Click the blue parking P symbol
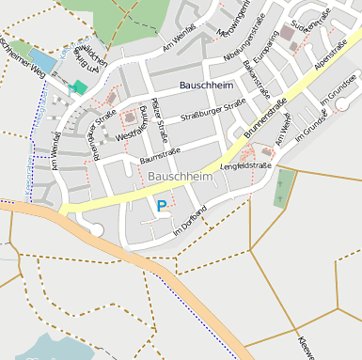click(x=162, y=205)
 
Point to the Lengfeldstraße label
click(x=245, y=166)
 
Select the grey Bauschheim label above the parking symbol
click(x=181, y=176)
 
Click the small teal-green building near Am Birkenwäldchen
click(x=79, y=86)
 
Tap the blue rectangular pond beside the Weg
click(x=42, y=63)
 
